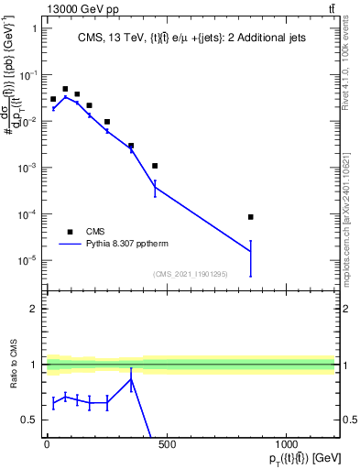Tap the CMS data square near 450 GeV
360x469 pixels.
155,166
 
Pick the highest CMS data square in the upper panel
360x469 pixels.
65,89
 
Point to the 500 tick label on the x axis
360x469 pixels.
167,445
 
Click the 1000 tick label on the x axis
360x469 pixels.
286,445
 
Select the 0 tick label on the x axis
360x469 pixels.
47,445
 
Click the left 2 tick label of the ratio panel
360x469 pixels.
33,309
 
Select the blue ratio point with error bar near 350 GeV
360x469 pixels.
131,380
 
